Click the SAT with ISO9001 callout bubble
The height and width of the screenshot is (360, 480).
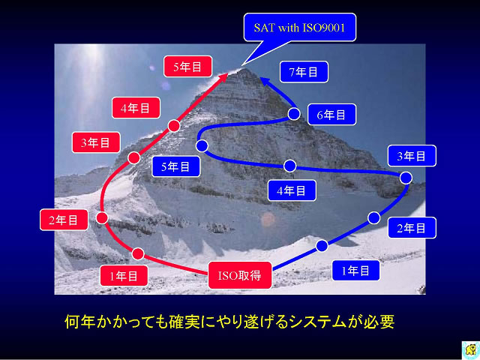point(300,28)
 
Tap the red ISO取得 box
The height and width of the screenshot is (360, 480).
point(240,275)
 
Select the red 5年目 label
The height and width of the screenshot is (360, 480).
point(187,67)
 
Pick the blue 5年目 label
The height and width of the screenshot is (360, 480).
point(175,166)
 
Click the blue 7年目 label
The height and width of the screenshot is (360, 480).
point(304,72)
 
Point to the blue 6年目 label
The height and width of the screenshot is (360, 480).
point(331,115)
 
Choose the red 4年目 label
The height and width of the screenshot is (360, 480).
point(136,108)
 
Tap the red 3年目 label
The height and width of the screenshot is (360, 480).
point(96,142)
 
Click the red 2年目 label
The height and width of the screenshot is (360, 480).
point(64,220)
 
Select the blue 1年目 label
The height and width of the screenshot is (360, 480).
point(355,271)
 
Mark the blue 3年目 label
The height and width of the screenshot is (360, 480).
point(412,156)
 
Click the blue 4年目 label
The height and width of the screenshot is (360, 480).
point(292,190)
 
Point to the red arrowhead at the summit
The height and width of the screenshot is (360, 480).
point(224,76)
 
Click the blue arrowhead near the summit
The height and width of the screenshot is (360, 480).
point(265,81)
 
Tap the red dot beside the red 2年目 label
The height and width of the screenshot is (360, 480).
point(102,218)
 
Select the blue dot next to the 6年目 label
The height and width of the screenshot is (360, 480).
point(294,114)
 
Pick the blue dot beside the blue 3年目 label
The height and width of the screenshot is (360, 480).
point(406,178)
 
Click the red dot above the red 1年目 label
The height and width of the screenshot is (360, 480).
point(138,253)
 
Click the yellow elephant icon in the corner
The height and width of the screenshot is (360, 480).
point(470,350)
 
